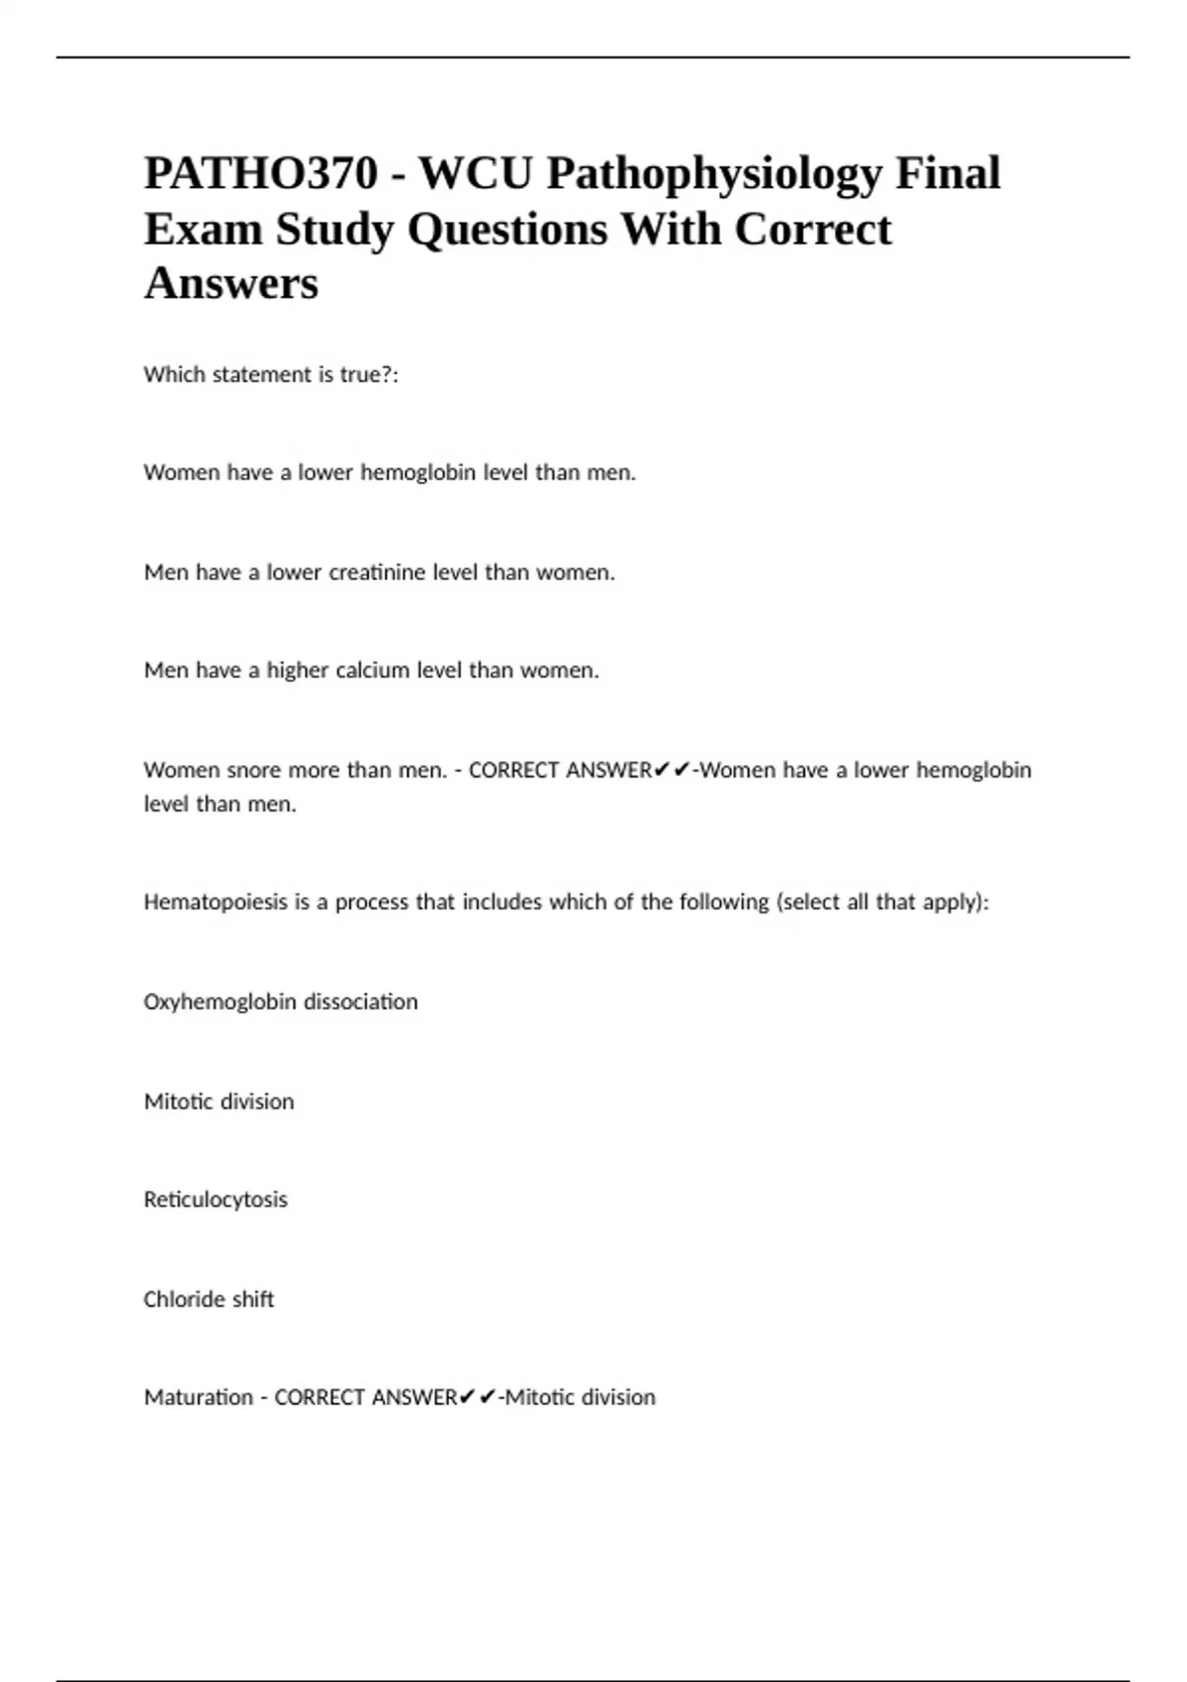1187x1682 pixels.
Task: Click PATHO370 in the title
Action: [261, 174]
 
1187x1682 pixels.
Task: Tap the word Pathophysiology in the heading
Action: [713, 174]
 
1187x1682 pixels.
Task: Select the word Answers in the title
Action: [230, 283]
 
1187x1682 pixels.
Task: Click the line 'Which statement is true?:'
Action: [271, 375]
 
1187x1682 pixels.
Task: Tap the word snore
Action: [254, 770]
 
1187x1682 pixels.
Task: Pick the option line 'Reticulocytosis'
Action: [216, 1200]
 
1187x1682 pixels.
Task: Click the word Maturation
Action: [198, 1397]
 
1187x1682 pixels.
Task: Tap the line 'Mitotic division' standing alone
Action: [219, 1101]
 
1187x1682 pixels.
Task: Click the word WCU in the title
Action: [475, 174]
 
